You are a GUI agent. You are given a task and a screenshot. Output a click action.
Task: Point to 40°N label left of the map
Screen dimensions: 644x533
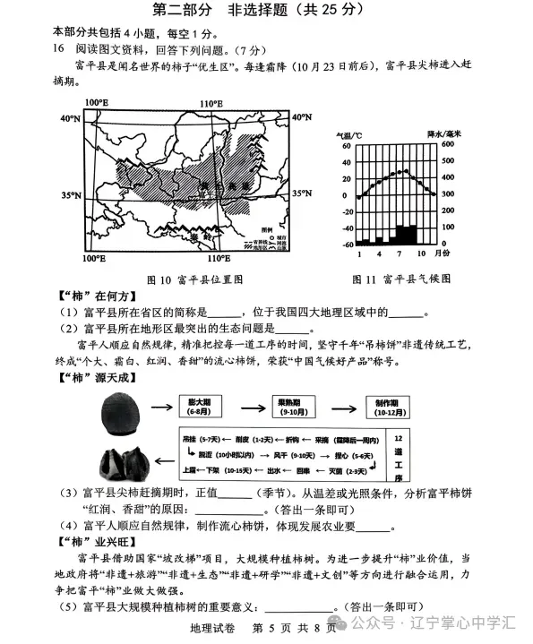pyautogui.click(x=70, y=118)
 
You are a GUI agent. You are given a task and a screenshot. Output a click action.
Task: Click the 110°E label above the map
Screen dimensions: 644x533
pyautogui.click(x=210, y=104)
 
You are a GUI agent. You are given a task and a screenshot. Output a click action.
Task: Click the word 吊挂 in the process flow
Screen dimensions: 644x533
pyautogui.click(x=189, y=441)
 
